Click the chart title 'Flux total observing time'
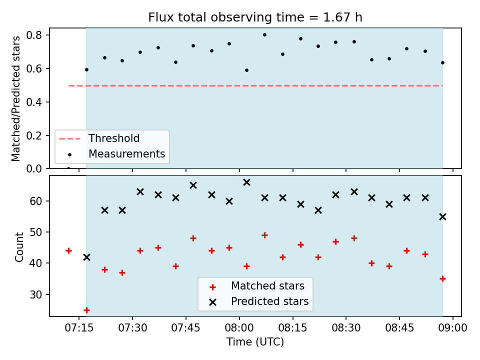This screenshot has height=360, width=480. pos(226,17)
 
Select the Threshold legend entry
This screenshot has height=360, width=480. pos(99,138)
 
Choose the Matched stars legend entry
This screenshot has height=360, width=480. pos(257,286)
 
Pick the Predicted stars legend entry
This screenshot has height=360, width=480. pos(259,301)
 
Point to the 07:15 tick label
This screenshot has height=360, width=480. pos(79,328)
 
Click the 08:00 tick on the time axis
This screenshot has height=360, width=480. pos(239,328)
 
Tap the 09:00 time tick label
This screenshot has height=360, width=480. pos(453,328)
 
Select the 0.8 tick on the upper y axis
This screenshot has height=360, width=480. pos(34,35)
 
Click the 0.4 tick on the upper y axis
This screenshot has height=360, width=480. pos(34,102)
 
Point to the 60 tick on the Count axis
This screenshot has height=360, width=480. pos(36,201)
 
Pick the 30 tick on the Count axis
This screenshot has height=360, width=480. pos(36,294)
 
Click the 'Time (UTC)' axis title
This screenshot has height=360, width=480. pos(255,341)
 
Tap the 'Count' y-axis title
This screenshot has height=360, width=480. pos(19,247)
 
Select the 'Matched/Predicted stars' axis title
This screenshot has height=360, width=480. pos(15,98)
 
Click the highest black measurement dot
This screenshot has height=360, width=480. pos(265,35)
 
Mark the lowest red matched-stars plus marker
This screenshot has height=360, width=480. pos(86,310)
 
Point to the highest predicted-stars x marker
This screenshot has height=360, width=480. pos(246,182)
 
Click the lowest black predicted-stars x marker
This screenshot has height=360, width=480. pos(86,257)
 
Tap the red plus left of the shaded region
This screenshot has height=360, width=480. pos(69,251)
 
